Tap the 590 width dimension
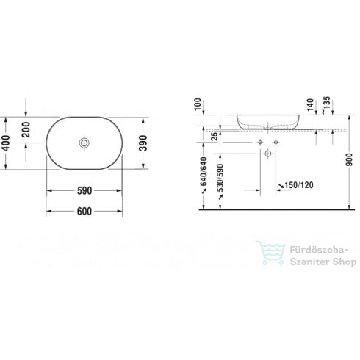coord(85,191)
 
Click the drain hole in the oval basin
coord(86,143)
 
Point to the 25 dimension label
coord(213,136)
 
